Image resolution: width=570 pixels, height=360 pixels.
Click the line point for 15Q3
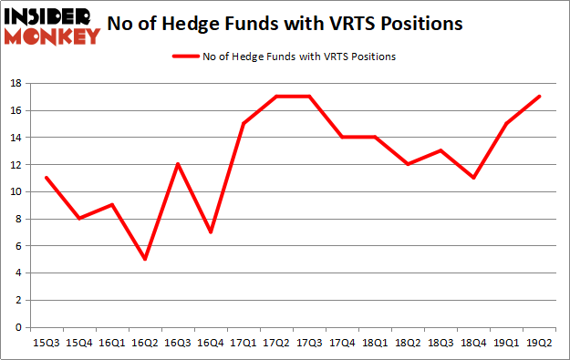tap(46, 178)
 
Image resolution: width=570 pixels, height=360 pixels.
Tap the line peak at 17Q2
tap(277, 97)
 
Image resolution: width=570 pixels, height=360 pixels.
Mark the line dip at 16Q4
tap(212, 231)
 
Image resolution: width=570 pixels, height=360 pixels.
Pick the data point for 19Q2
tap(540, 97)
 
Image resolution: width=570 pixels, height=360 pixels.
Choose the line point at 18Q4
tap(474, 178)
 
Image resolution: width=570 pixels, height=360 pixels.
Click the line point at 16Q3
tap(179, 164)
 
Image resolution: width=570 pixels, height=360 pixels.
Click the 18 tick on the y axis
tap(17, 83)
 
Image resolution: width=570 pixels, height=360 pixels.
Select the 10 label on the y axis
tap(17, 191)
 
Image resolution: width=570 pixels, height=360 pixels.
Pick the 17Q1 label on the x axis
tap(244, 345)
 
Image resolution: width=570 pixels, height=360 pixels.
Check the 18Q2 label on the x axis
tap(409, 345)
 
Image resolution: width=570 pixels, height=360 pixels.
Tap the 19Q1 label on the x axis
tap(507, 345)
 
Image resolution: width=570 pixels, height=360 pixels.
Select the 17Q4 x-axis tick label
tap(343, 345)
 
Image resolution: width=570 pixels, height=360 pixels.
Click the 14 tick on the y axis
tap(17, 138)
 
